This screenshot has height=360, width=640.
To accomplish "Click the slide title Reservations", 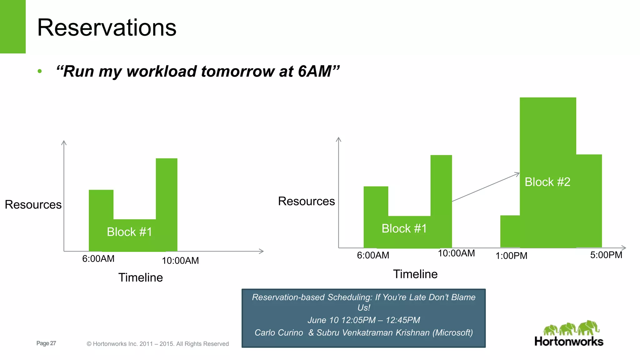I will (x=107, y=27).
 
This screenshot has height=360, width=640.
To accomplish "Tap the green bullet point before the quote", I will (x=39, y=71).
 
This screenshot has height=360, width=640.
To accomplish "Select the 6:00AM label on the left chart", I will (x=98, y=259).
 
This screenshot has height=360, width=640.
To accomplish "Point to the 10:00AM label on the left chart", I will (x=180, y=261).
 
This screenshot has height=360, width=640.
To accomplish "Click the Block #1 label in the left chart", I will (x=129, y=232).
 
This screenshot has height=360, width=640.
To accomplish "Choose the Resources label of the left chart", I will (x=33, y=204).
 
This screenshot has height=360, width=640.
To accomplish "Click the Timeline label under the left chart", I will (x=140, y=277).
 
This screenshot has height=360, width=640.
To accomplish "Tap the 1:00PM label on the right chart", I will (x=511, y=256).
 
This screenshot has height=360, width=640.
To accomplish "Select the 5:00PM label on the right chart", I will (x=606, y=255).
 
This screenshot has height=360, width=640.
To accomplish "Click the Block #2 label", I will (x=547, y=182).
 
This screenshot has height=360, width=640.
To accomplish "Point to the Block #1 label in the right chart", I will (x=404, y=228).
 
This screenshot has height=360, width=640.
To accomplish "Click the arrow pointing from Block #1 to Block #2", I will (x=486, y=187).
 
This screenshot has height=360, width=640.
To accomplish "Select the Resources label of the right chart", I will (x=306, y=201).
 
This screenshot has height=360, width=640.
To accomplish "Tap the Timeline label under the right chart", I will (x=415, y=274).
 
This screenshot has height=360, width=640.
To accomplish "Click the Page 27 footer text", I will (x=46, y=343).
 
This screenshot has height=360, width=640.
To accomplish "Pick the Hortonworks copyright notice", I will (x=157, y=344).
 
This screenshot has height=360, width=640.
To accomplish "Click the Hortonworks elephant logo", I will (x=571, y=328).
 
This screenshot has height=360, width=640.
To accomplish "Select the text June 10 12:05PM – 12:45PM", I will (x=363, y=320).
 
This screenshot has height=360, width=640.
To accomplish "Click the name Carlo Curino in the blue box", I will (x=278, y=332).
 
